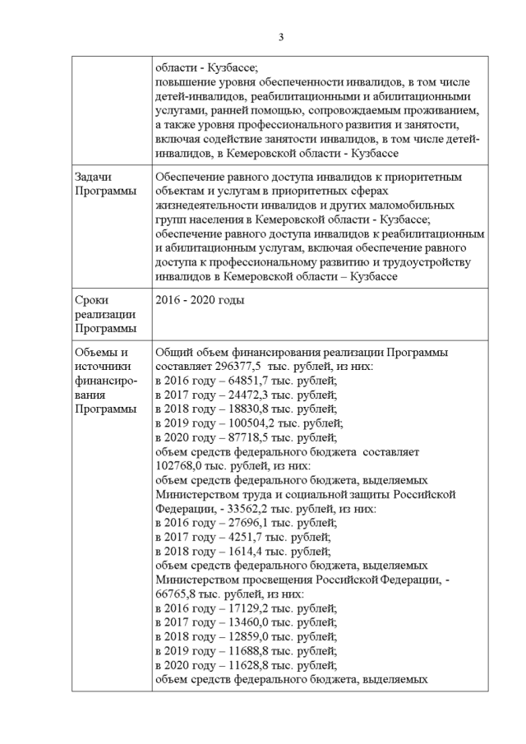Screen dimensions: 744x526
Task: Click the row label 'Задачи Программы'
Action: [x=103, y=184]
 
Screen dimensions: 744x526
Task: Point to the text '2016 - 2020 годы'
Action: [x=200, y=300]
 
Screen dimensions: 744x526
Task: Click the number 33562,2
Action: [x=242, y=510]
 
